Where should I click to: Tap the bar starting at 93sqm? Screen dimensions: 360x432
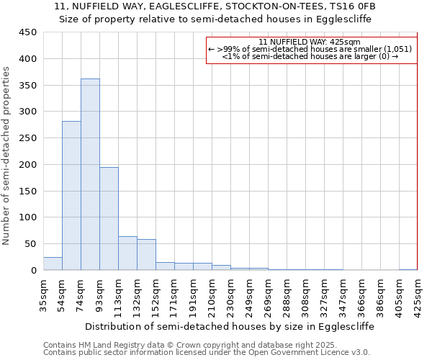(109, 219)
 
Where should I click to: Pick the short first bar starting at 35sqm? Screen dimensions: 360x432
(53, 264)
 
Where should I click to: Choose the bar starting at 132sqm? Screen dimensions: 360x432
(146, 255)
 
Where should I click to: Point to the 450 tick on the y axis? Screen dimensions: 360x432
(28, 32)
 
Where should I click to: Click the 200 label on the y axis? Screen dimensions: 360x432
(28, 165)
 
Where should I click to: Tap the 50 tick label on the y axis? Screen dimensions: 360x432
(31, 244)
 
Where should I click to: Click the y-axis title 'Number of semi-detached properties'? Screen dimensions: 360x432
(7, 156)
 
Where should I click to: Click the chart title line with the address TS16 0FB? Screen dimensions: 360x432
(215, 6)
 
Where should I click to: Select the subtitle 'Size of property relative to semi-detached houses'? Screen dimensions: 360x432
(215, 19)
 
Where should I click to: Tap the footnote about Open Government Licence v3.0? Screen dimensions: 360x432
(207, 353)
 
